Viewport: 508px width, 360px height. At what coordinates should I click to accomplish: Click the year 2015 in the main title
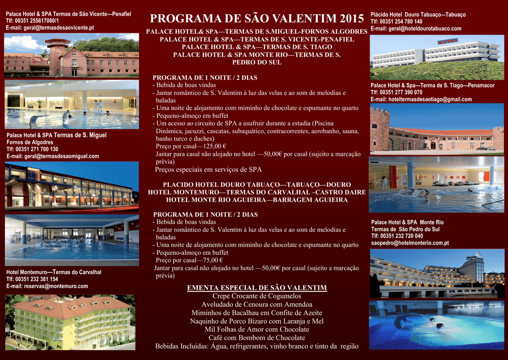[352, 18]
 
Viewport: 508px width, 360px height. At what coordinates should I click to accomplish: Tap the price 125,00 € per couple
[214, 146]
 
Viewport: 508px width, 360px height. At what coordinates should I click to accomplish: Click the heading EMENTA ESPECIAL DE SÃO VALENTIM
[257, 288]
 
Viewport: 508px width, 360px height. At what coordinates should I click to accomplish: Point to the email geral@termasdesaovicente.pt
[59, 28]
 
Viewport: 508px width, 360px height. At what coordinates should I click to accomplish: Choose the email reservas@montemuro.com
[56, 286]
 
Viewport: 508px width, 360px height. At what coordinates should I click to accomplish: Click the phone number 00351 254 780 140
[401, 22]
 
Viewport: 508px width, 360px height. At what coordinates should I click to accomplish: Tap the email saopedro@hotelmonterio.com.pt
[410, 243]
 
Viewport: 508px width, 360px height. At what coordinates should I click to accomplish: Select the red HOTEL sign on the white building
[447, 41]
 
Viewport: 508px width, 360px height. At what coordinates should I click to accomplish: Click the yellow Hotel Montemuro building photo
[70, 322]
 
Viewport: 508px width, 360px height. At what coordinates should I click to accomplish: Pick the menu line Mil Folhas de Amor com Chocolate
[257, 330]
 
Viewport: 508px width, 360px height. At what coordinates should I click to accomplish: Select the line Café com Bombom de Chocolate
[257, 338]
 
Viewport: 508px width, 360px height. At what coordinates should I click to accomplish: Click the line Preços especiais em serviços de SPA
[208, 170]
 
